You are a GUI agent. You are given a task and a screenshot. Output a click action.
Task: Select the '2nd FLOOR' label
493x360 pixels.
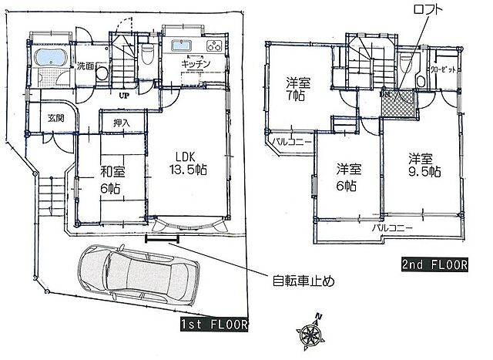(435, 265)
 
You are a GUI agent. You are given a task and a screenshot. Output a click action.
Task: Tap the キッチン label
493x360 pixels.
(187, 65)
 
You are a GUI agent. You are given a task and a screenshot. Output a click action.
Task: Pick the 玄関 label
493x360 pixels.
(55, 118)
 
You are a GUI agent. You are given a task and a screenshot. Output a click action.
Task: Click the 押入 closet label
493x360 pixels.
(122, 123)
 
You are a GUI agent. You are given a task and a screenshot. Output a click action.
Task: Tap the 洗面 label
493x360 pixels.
(86, 67)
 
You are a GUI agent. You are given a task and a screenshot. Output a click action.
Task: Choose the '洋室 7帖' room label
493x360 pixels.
(297, 89)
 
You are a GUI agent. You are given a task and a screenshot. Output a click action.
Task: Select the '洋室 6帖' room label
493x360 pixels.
(347, 177)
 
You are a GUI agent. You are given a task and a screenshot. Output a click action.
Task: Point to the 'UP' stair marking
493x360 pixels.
(123, 96)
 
